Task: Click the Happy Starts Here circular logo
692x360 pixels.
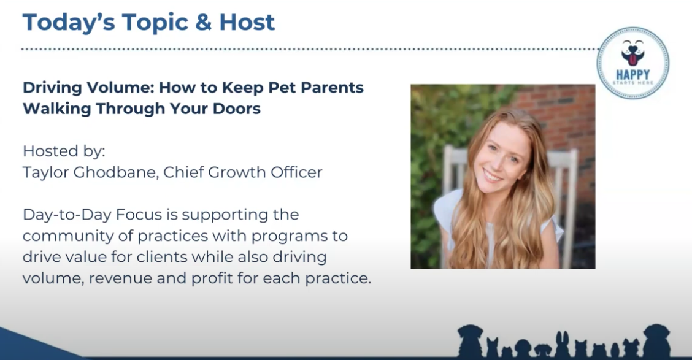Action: tap(632, 63)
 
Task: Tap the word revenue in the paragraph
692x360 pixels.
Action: tap(119, 278)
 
